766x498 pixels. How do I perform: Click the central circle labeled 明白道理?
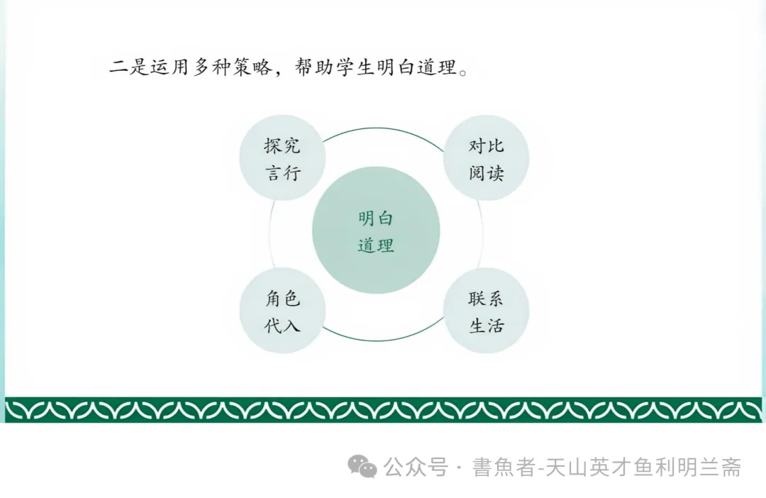coord(376,231)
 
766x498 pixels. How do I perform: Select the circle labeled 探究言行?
coord(283,157)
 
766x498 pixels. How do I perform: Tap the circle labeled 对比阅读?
coord(486,157)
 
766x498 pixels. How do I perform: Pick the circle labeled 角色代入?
coord(283,311)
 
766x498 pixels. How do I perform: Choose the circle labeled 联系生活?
coord(486,311)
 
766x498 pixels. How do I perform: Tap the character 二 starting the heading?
coord(118,68)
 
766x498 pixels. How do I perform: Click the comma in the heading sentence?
coord(281,72)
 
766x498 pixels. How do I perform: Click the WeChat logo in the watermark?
coord(362,467)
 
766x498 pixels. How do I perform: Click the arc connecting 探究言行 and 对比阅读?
coord(384,129)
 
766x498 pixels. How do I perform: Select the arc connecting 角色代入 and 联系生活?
coord(384,340)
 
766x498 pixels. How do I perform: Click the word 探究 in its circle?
coord(283,146)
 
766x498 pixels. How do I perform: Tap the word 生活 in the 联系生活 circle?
coord(487,326)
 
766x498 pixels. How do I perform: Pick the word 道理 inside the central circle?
coord(376,245)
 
